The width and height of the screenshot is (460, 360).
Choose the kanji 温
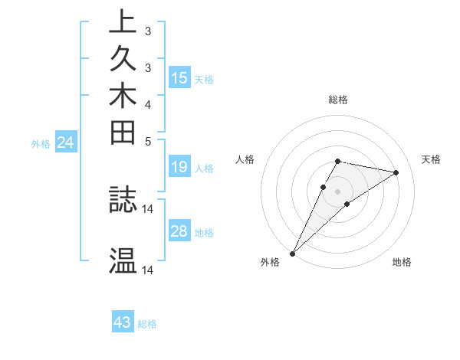(x=123, y=260)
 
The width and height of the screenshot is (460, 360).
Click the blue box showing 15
(x=179, y=78)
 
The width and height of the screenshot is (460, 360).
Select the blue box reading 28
(x=179, y=232)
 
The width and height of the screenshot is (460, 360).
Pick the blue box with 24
(x=65, y=142)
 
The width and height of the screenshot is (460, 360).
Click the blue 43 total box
(x=123, y=322)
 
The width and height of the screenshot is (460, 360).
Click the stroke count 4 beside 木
(x=148, y=104)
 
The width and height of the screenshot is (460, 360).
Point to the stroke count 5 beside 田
(x=148, y=141)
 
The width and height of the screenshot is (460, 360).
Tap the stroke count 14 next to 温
(x=148, y=270)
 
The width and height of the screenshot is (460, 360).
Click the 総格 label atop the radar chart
(x=338, y=100)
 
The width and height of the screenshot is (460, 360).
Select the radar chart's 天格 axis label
(x=432, y=159)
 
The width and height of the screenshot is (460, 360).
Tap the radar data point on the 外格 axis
(x=293, y=254)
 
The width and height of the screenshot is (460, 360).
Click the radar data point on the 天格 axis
(x=396, y=172)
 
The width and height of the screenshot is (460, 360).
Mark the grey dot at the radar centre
(x=338, y=191)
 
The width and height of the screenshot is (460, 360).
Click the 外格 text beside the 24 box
(x=41, y=143)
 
